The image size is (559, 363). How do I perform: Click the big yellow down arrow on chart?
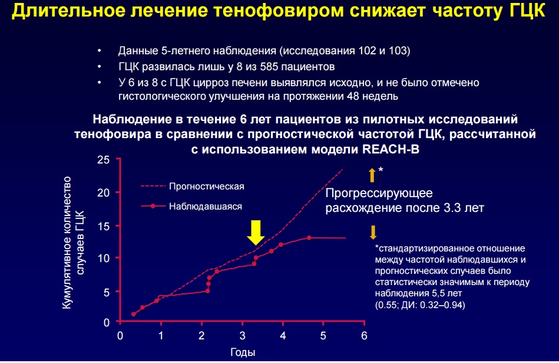point(256,232)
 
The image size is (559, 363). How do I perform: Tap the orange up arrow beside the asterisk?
point(372,175)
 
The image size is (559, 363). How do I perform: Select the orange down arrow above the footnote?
point(373,232)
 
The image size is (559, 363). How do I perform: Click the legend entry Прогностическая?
point(206,186)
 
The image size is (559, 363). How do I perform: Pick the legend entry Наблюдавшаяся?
point(206,206)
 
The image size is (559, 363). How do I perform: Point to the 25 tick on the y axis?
point(104,160)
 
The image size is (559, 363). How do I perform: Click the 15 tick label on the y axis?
point(104,226)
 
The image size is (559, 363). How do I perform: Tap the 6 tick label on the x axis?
point(364,336)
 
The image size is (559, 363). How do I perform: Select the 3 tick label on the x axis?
point(243,336)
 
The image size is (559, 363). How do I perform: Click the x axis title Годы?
point(243,352)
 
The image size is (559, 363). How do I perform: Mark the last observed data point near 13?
point(309,238)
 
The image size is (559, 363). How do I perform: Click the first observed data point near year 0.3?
point(133,314)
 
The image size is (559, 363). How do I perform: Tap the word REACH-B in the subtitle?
point(391,149)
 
